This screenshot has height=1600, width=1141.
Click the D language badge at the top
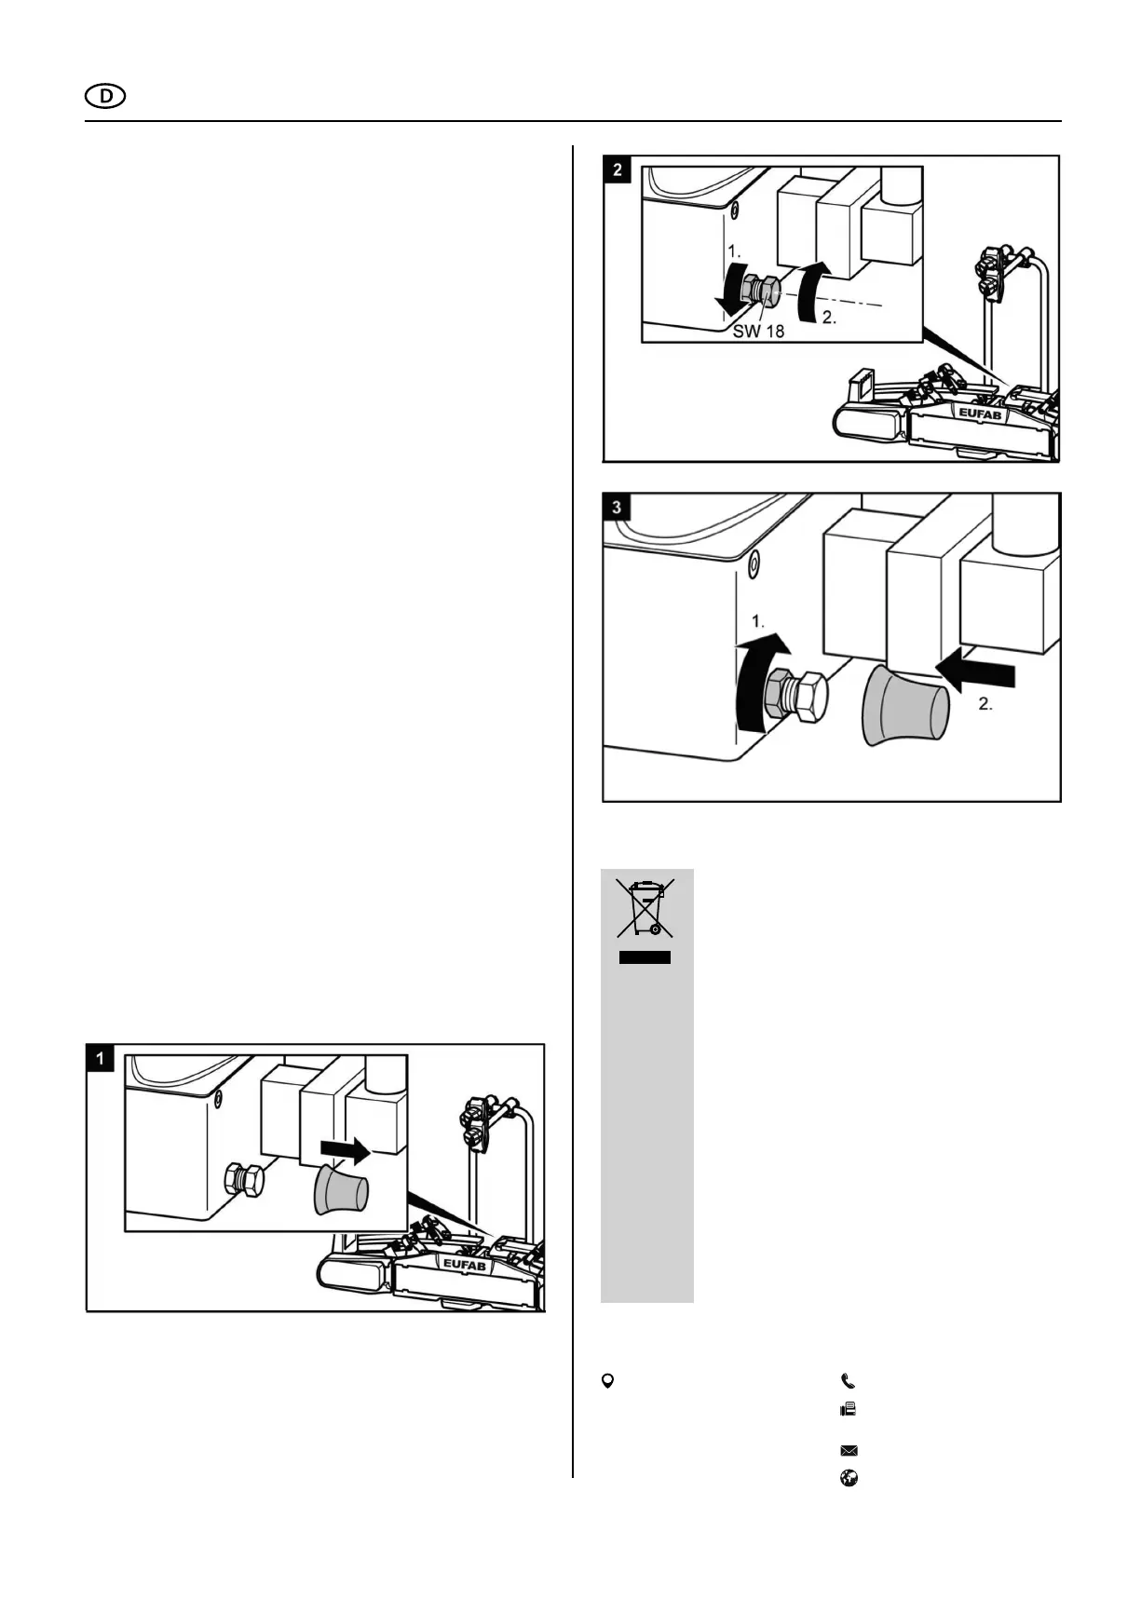(x=104, y=96)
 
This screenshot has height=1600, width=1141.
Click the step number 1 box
(x=100, y=1058)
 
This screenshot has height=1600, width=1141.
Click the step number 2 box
(x=618, y=169)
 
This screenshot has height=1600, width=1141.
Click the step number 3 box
(x=618, y=508)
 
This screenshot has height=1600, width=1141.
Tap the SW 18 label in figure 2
(x=758, y=331)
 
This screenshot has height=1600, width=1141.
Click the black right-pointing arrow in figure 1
(x=344, y=1152)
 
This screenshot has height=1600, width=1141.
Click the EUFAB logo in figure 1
(x=464, y=1265)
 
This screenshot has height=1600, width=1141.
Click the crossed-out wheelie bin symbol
(x=645, y=908)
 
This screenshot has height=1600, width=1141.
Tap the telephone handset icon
(x=848, y=1381)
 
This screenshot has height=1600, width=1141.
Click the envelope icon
(x=849, y=1450)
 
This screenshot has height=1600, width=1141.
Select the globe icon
(x=849, y=1478)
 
